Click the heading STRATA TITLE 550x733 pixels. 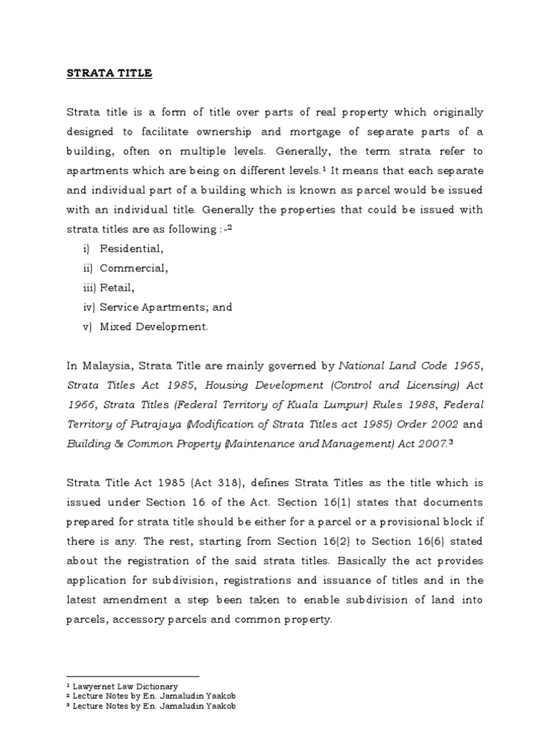click(110, 73)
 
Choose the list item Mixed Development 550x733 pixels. click(154, 326)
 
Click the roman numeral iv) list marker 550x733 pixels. click(90, 307)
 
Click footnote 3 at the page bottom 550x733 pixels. click(150, 706)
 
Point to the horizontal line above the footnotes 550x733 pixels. click(132, 676)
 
